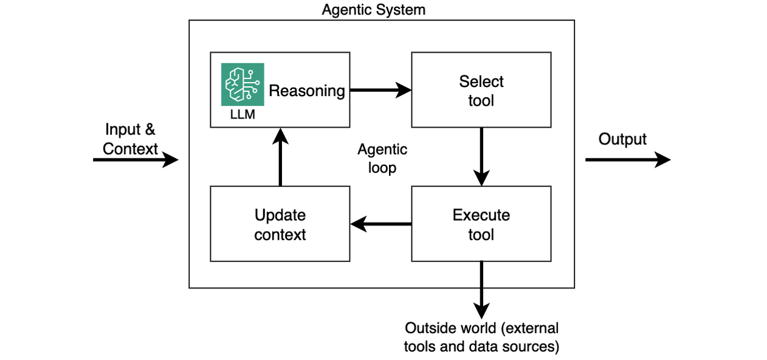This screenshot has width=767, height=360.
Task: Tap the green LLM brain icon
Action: point(242,84)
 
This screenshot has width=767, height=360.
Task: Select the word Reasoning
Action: point(307,91)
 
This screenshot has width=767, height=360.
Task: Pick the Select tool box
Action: point(481,90)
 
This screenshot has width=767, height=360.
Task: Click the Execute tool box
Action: point(481,224)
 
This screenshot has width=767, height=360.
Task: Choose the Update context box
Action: point(280,224)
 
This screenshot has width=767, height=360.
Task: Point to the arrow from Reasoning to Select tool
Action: point(380,91)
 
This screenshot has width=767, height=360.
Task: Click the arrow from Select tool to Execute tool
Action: point(481,156)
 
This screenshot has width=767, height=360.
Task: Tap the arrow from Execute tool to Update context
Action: point(380,224)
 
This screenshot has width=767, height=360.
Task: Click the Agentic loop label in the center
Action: point(382,158)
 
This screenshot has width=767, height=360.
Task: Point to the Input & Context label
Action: point(130,139)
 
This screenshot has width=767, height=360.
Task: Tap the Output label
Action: point(622,139)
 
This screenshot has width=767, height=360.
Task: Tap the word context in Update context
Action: point(280,235)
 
